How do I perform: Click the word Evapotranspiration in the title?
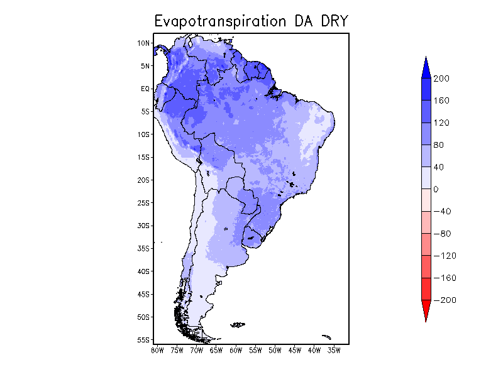coord(221,21)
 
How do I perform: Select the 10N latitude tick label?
coord(143,43)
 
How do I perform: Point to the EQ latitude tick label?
coord(145,89)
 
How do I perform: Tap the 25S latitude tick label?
coord(143,203)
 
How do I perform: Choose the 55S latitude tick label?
coord(143,340)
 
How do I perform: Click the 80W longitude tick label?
coord(157,350)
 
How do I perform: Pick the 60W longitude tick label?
coord(236,350)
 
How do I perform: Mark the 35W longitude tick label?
coord(334,350)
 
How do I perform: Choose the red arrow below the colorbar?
coord(426,310)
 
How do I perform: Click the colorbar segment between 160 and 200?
coord(426,89)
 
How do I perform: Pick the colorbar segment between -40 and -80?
coord(426,222)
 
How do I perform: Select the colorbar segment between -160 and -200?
coord(426,289)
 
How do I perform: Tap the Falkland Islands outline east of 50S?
coord(238,324)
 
